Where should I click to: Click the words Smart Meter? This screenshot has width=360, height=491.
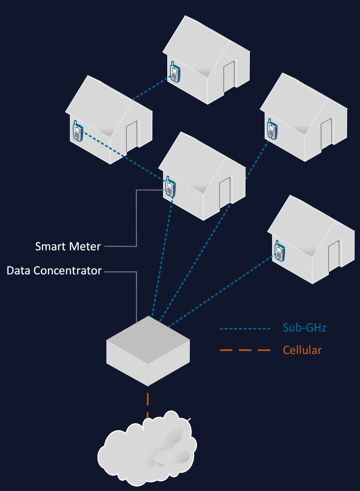coord(68,246)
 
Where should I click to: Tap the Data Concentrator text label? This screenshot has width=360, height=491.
coord(54,271)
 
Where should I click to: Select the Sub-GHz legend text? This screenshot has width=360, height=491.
coord(304,328)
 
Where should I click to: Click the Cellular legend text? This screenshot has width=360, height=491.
coord(302,350)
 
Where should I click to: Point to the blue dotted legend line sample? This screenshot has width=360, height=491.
coord(245,329)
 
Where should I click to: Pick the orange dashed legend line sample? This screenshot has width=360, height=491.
coord(245,350)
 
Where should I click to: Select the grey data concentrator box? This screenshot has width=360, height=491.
coord(148,350)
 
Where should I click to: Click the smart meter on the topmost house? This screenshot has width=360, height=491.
coord(175,72)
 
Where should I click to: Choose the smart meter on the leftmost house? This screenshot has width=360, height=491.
coord(78,131)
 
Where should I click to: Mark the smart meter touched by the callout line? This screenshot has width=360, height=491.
coord(170,187)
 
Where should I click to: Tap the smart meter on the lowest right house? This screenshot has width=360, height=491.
coord(280,251)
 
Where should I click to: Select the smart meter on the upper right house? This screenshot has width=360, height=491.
coord(272,129)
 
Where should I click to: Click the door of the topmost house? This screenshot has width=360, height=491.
coord(229,76)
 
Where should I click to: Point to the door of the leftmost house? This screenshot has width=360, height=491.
coord(132,136)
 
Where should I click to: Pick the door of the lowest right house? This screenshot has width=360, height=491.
coord(334,256)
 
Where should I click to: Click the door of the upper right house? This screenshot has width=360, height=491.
coord(326,134)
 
